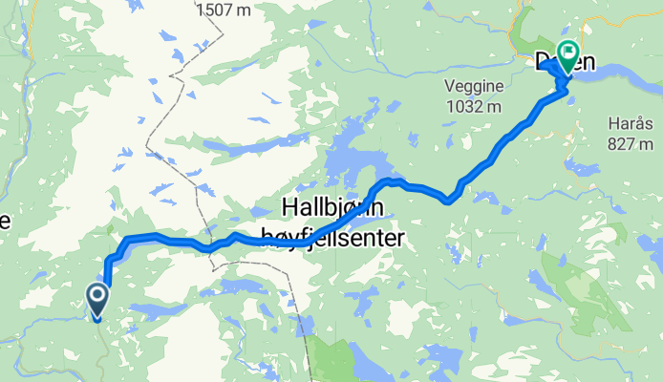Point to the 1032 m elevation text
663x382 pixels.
pos(473,106)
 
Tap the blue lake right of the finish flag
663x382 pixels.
pos(621,69)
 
